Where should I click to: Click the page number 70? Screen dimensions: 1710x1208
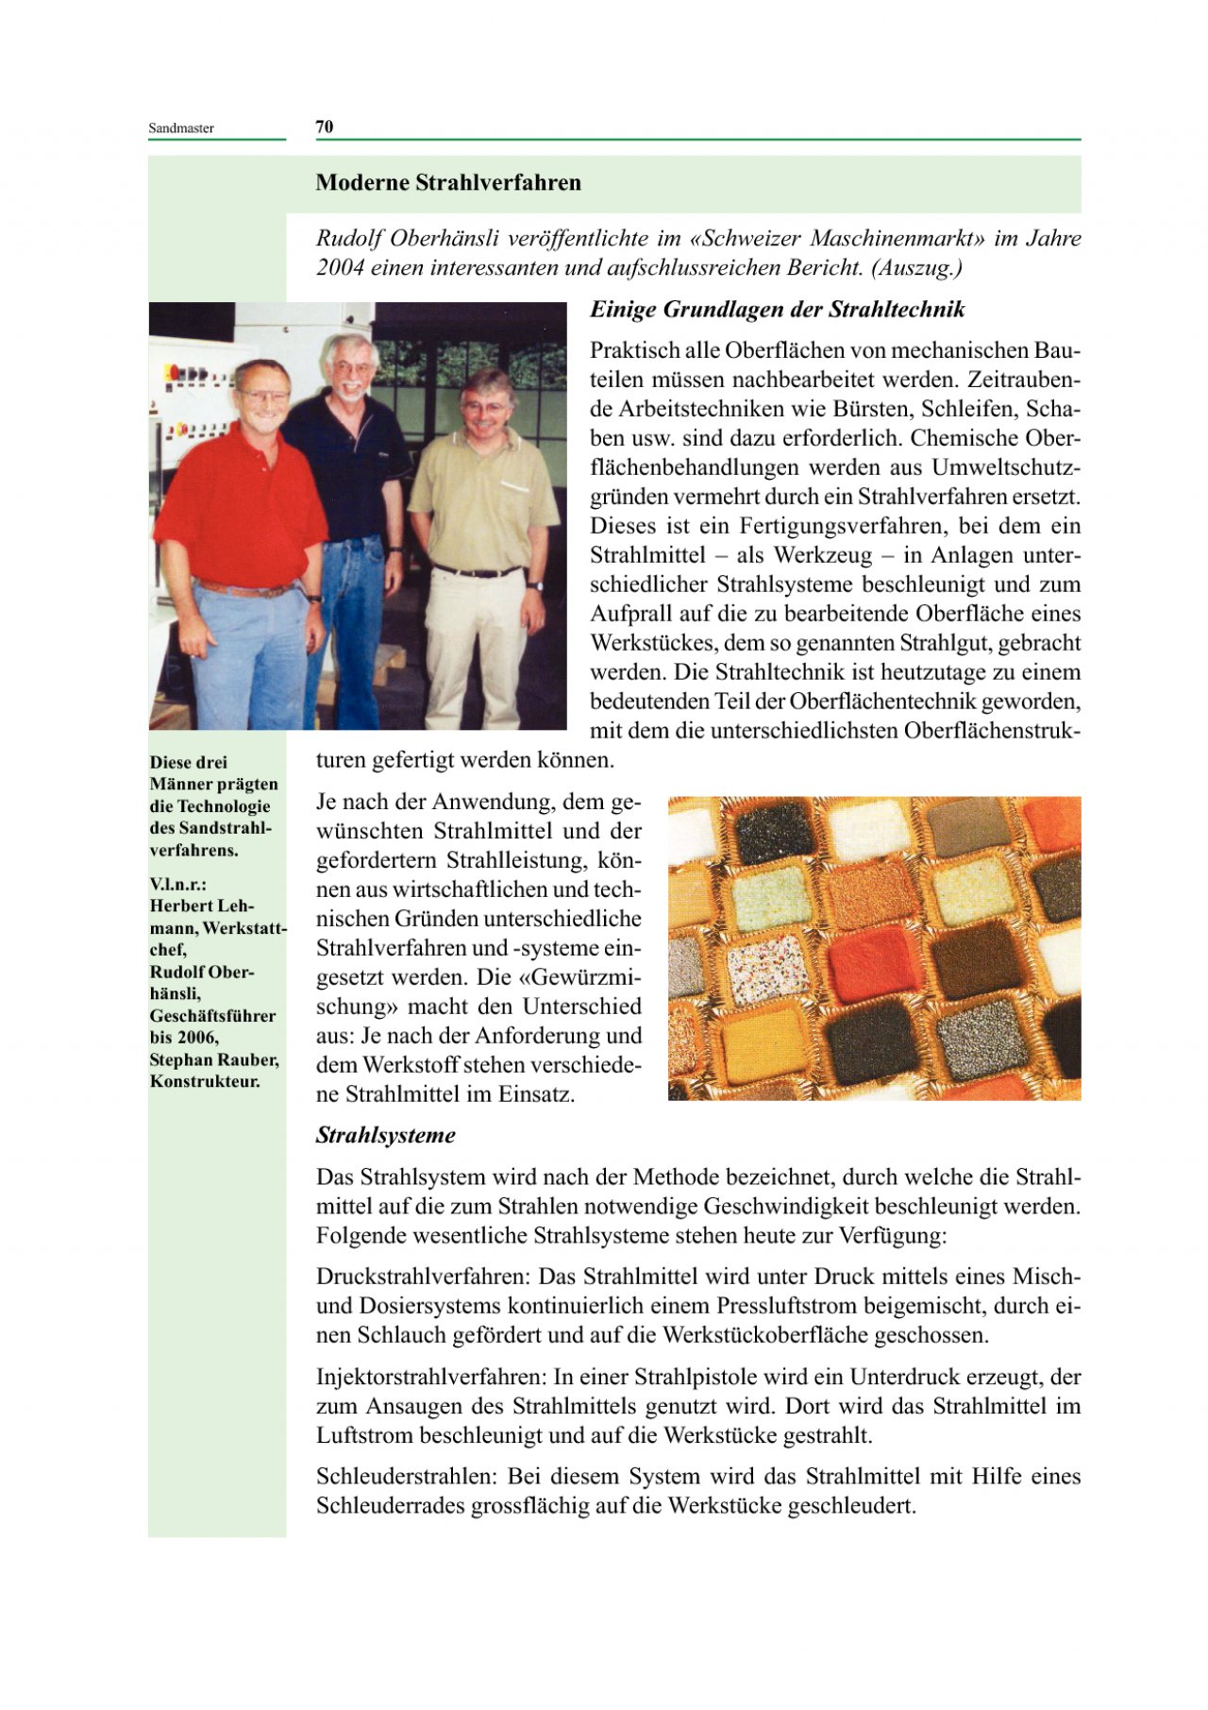click(325, 127)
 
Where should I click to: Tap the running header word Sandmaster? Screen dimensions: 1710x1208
click(181, 128)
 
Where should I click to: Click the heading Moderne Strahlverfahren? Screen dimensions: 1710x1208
click(448, 183)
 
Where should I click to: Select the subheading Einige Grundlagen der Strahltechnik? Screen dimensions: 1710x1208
click(777, 310)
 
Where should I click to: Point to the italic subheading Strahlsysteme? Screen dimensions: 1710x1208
click(385, 1136)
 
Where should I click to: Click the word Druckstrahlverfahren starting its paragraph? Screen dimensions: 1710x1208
click(424, 1277)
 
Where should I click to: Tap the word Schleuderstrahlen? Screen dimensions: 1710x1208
click(408, 1476)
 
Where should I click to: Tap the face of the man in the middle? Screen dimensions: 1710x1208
click(350, 368)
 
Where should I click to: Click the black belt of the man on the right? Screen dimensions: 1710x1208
click(477, 572)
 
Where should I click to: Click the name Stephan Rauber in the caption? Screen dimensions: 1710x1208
click(213, 1059)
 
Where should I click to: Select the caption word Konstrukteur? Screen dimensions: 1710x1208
click(204, 1082)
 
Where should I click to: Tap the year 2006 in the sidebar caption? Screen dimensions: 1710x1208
click(198, 1038)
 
